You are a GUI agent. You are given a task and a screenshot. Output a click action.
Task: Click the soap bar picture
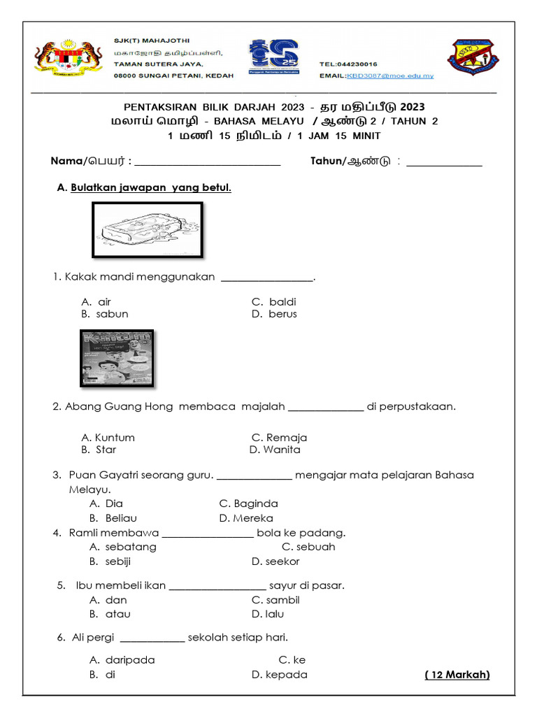click(148, 229)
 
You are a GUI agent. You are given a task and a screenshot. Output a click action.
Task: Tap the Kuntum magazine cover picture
click(116, 359)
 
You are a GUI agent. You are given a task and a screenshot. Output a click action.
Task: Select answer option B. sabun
click(104, 314)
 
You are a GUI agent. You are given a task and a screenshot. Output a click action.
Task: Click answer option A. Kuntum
click(108, 437)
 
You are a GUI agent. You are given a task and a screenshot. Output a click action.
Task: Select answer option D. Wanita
click(275, 450)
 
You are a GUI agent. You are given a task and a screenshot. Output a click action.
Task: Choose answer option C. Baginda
click(248, 503)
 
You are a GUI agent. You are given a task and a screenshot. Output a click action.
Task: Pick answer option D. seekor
click(275, 561)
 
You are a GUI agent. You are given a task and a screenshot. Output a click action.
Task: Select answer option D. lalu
click(268, 614)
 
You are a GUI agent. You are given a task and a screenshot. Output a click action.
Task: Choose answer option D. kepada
click(279, 675)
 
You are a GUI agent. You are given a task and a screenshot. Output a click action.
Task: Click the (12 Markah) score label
click(457, 675)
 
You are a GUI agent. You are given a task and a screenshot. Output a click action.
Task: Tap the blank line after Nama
click(207, 162)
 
